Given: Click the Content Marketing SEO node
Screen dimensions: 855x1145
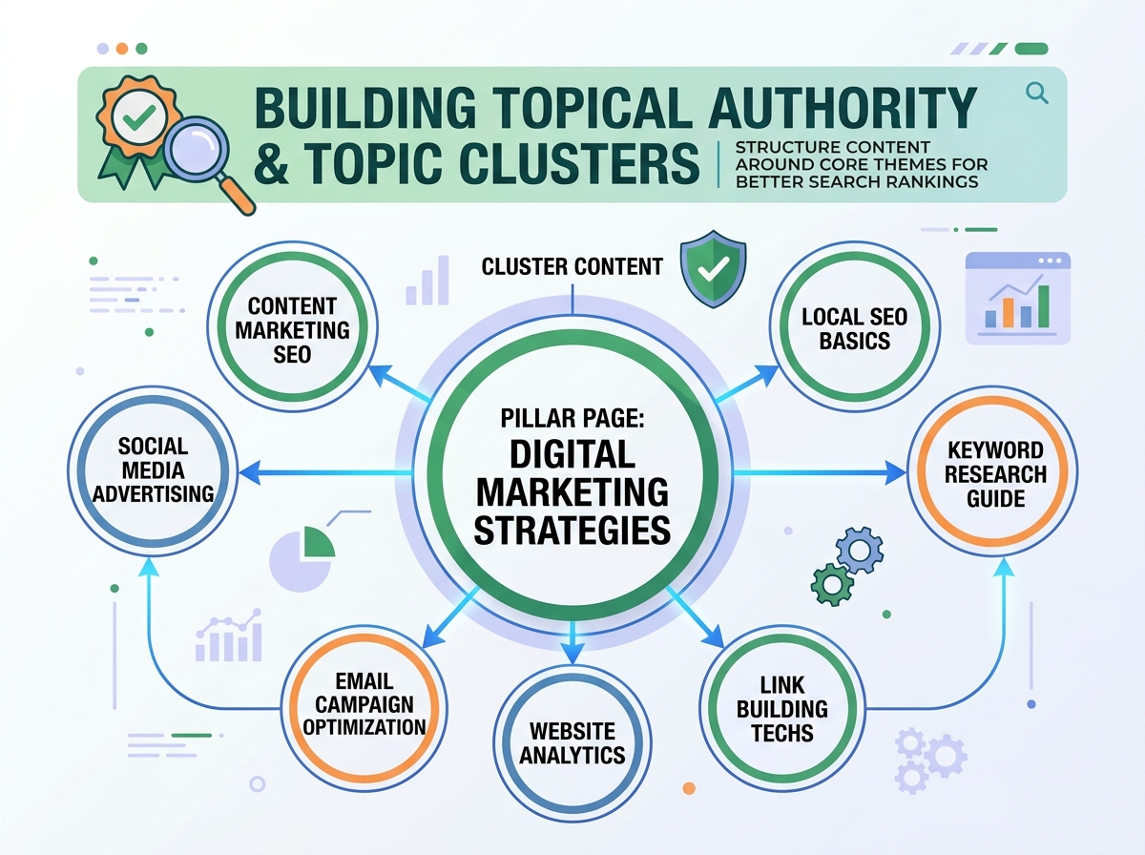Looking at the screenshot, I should tap(292, 329).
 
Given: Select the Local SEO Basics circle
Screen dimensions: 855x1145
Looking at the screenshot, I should tap(854, 329).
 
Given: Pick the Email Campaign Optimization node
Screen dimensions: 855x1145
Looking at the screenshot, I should tap(367, 704).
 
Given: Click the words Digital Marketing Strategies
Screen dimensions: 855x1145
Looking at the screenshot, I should tap(572, 490).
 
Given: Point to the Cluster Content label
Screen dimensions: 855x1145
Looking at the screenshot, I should tap(572, 266).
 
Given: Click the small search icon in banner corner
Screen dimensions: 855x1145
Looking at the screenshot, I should tap(1036, 92).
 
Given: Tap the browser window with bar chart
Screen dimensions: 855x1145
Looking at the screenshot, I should tap(1017, 297).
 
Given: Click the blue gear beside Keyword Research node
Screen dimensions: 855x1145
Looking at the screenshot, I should tap(854, 550).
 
